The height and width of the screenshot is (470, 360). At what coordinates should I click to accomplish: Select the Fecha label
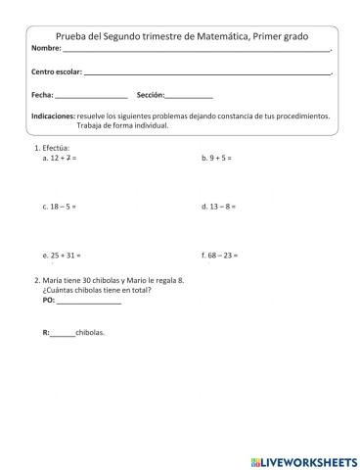(x=42, y=95)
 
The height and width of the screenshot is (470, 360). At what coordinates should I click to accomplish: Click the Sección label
(x=151, y=95)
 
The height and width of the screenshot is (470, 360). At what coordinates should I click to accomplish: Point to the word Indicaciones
(x=53, y=116)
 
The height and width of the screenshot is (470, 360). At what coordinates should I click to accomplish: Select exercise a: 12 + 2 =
(x=60, y=157)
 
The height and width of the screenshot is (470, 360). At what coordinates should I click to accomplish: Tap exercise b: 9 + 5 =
(x=216, y=157)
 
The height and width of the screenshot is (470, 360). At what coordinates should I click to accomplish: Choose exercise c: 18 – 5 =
(x=60, y=207)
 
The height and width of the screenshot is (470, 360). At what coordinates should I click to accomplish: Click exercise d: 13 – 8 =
(x=218, y=207)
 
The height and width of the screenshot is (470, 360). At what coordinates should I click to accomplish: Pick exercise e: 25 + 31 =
(x=61, y=255)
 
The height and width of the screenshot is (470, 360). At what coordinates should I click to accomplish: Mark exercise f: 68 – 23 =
(x=220, y=255)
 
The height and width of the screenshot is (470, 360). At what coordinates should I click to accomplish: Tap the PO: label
(x=49, y=302)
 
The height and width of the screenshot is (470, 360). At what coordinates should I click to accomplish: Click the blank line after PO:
(x=89, y=304)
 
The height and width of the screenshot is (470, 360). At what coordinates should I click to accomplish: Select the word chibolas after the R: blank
(x=89, y=332)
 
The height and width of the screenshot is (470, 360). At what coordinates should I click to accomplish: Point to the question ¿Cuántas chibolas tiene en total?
(x=97, y=290)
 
